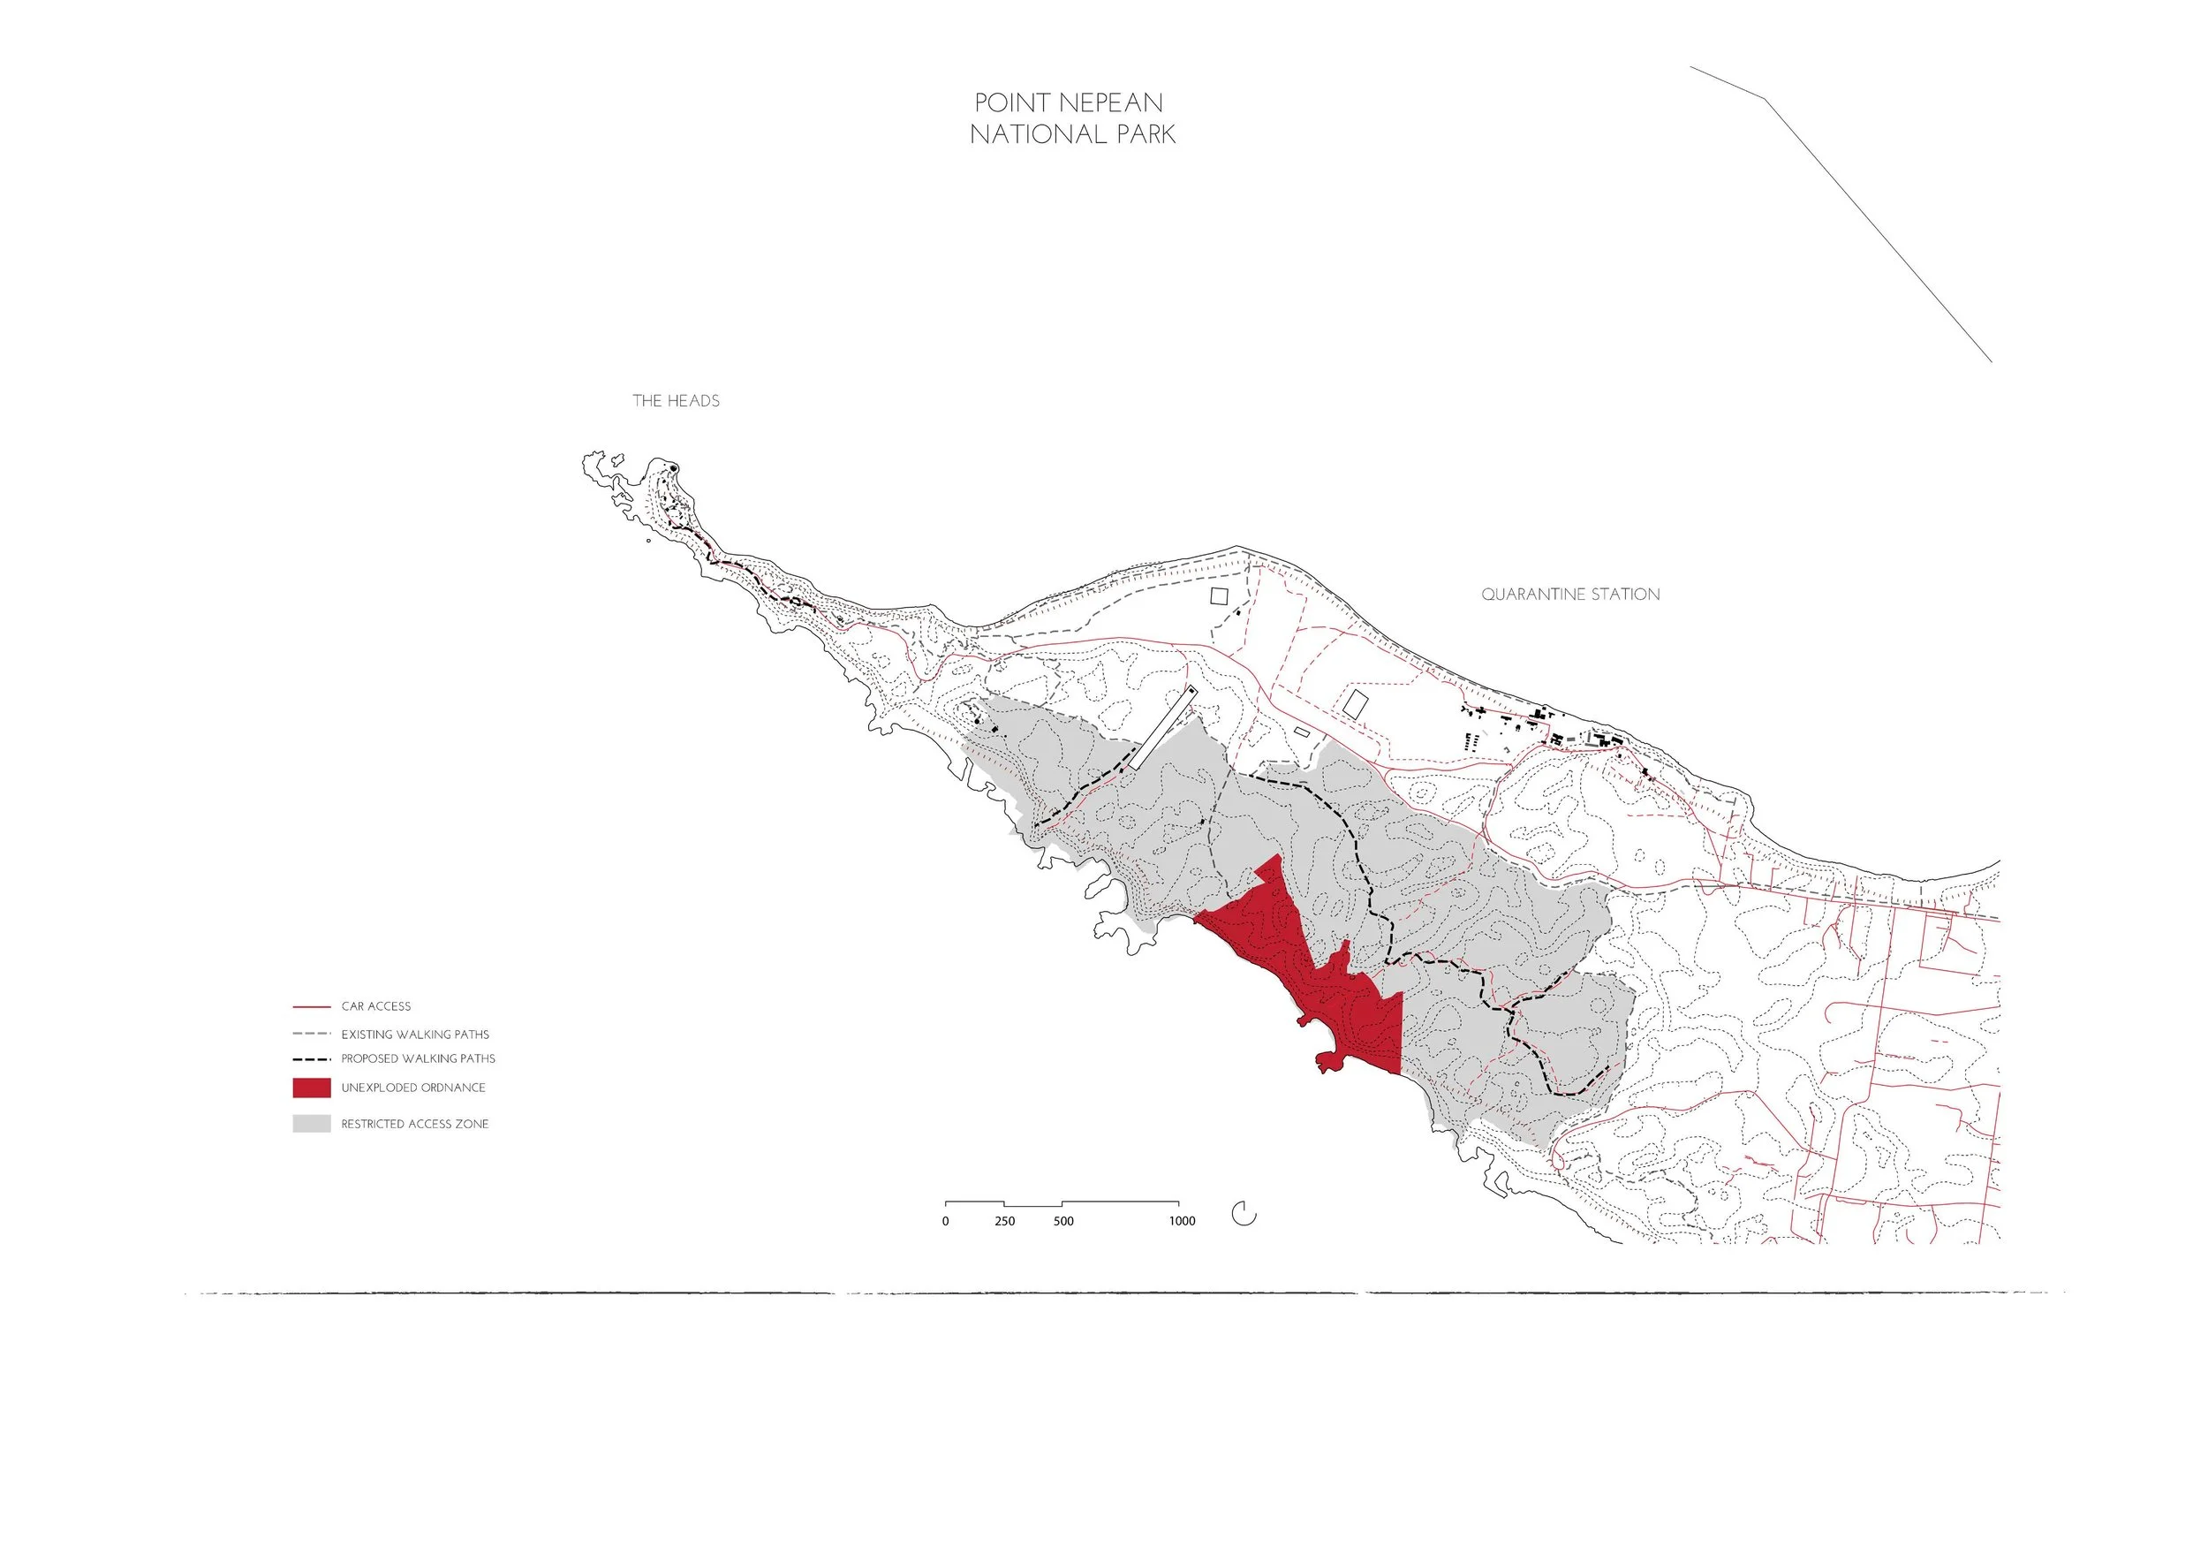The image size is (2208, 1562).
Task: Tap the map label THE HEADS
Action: (x=675, y=401)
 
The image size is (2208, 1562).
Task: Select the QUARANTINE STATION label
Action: (x=1569, y=595)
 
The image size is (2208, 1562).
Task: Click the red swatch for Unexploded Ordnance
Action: (x=312, y=1088)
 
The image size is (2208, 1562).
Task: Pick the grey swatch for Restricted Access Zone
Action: (x=312, y=1124)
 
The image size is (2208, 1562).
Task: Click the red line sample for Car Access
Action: (x=312, y=1007)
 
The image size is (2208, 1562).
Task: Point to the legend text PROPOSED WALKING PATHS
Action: (x=418, y=1058)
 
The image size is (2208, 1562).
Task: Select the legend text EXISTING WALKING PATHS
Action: (x=414, y=1035)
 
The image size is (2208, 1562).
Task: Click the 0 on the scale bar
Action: (x=945, y=1222)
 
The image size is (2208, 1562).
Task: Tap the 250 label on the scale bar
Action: (x=1004, y=1222)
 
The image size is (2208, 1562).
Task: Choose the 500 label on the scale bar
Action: (x=1062, y=1222)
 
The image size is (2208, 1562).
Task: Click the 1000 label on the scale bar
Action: (x=1182, y=1222)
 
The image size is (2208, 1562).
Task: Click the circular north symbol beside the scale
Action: (x=1244, y=1214)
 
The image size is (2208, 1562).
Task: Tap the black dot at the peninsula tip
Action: (x=674, y=469)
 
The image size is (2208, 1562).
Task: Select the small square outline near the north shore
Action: (x=1220, y=595)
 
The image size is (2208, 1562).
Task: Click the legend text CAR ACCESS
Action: (x=375, y=1007)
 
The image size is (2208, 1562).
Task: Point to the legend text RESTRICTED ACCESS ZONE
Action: (x=414, y=1125)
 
